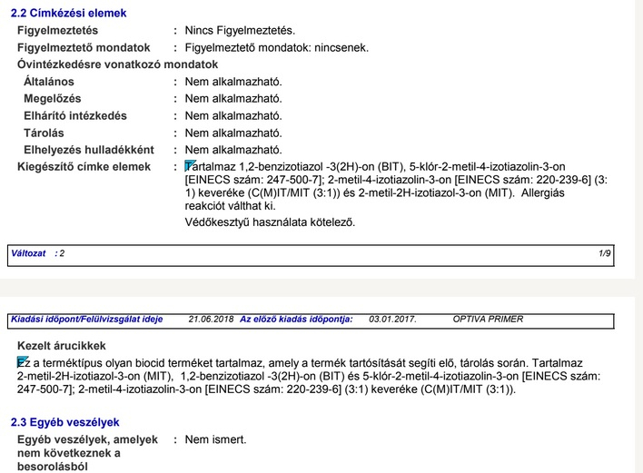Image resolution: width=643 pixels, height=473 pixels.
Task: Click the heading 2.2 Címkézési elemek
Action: coord(68,14)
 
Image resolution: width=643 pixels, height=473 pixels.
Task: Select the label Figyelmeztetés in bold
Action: coord(59,31)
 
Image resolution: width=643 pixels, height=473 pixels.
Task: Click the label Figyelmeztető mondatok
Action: coord(84,47)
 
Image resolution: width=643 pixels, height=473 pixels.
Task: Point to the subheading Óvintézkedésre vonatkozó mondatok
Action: coord(118,64)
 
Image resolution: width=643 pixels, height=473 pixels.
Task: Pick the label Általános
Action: coord(51,82)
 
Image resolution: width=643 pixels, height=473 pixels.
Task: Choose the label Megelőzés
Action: coord(53,98)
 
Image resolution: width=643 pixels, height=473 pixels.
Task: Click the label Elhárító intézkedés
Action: coord(75,115)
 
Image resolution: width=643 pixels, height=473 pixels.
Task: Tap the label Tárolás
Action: coord(45,133)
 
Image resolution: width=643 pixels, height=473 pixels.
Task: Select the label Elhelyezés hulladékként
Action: coord(89,150)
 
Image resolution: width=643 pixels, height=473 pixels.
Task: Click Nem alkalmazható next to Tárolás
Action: coord(233,133)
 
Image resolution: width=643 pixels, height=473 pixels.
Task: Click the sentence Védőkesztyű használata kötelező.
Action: coord(270,222)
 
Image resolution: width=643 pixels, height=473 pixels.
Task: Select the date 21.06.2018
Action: coord(211,320)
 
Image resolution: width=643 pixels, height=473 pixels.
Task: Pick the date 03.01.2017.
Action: coord(392,320)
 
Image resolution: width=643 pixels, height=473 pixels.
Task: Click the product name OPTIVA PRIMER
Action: coord(488,320)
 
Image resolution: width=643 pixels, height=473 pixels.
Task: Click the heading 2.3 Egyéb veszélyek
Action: coord(64,423)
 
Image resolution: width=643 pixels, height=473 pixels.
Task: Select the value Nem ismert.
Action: coord(215,440)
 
